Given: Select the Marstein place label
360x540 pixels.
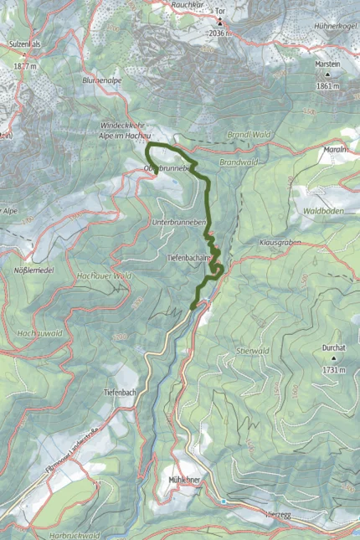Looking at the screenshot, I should (x=328, y=64).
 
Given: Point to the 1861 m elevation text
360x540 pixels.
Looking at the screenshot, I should (x=327, y=86).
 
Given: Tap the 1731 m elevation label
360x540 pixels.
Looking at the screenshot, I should (x=334, y=368).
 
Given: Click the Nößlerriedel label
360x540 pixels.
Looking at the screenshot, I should (x=34, y=270).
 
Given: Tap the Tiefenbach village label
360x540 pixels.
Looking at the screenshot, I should (x=120, y=393).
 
